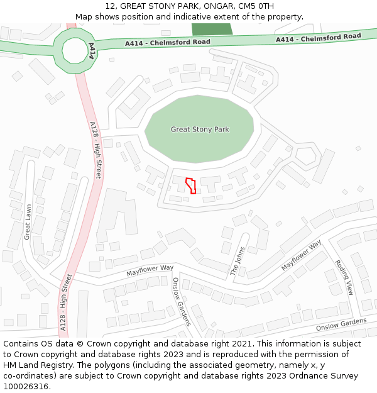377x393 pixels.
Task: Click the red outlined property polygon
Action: (191, 185)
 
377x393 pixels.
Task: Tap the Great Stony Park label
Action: (200, 130)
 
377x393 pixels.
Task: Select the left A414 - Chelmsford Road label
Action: (167, 42)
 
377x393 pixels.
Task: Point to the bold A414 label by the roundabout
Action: (92, 51)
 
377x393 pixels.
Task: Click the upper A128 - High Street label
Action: (96, 150)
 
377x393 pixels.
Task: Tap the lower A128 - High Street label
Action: (65, 302)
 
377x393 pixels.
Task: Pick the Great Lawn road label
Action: (27, 221)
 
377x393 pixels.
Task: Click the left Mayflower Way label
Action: (150, 270)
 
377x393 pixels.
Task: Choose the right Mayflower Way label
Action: (301, 255)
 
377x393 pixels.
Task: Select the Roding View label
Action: (344, 277)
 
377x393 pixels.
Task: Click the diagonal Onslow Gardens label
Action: (181, 302)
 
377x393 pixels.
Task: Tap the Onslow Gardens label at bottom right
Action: (341, 324)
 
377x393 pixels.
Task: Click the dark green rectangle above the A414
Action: (212, 29)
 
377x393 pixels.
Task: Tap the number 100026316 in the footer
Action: (26, 387)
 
